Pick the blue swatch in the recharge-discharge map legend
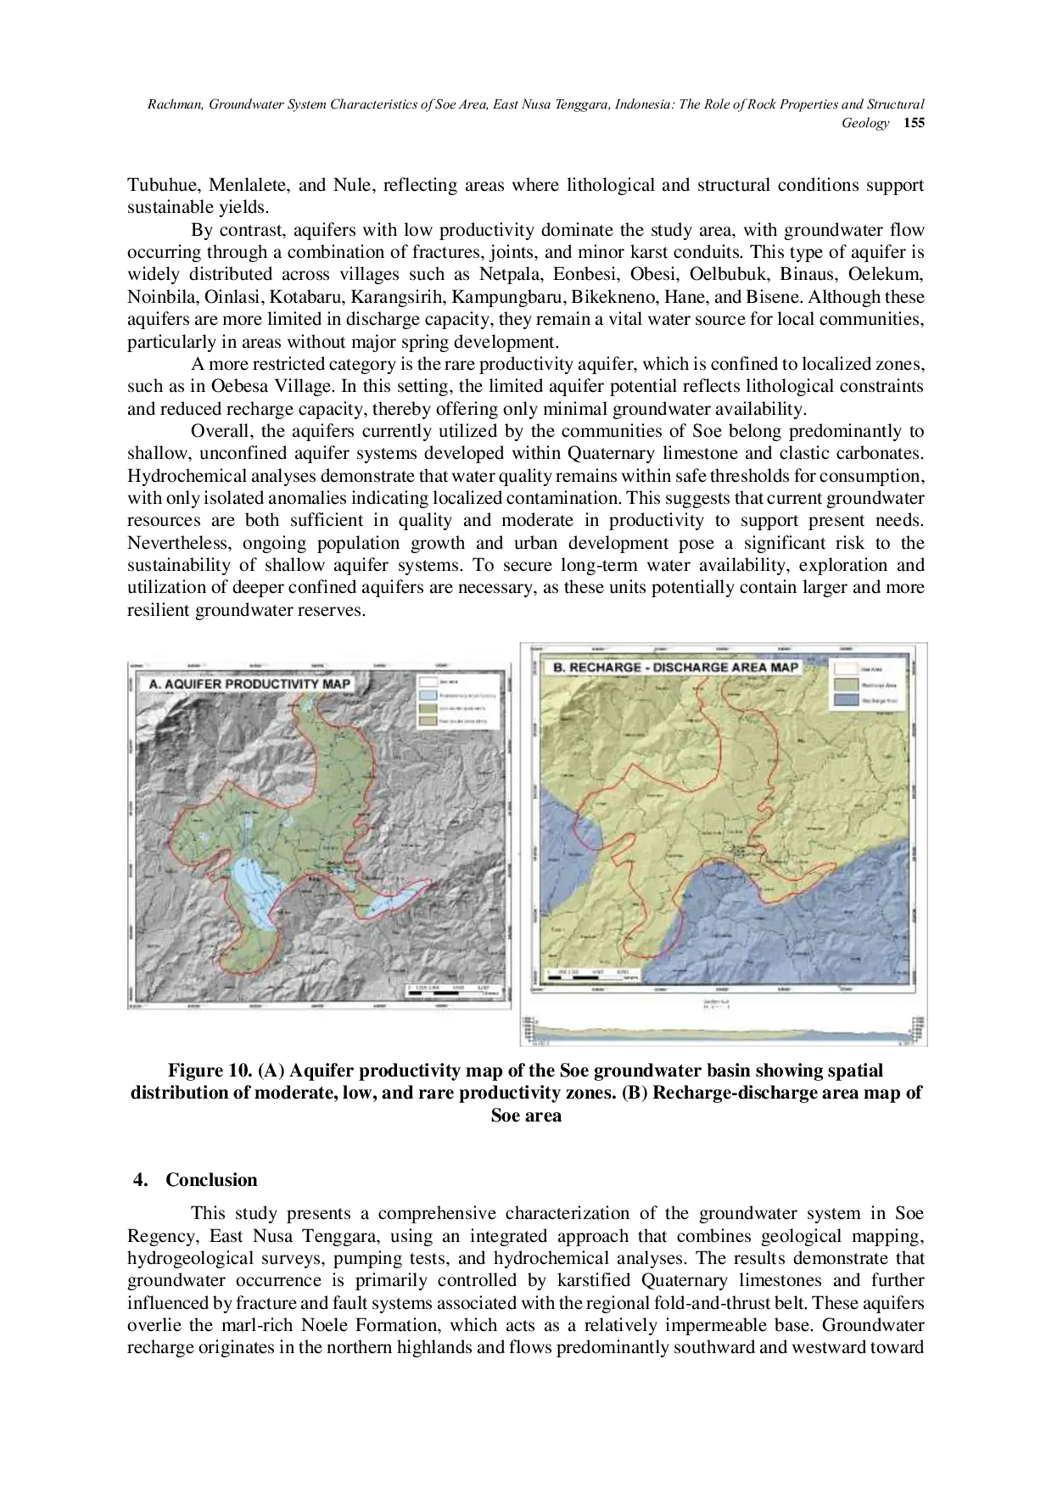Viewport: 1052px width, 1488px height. (x=845, y=702)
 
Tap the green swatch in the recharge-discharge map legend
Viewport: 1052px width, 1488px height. (x=845, y=685)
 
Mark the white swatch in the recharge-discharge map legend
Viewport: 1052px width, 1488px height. (x=845, y=668)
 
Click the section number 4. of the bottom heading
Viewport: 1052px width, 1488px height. (x=135, y=1180)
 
